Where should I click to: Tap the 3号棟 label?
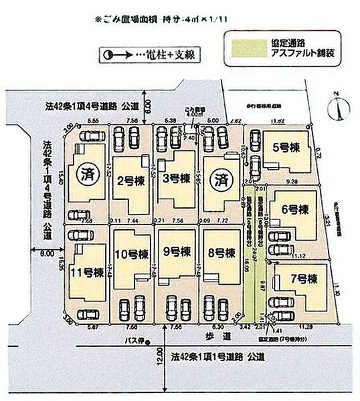pos(177,178)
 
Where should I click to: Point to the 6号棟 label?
pos(294,209)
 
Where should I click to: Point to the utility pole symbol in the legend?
pos(110,53)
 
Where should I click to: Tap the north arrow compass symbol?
pos(342,105)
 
